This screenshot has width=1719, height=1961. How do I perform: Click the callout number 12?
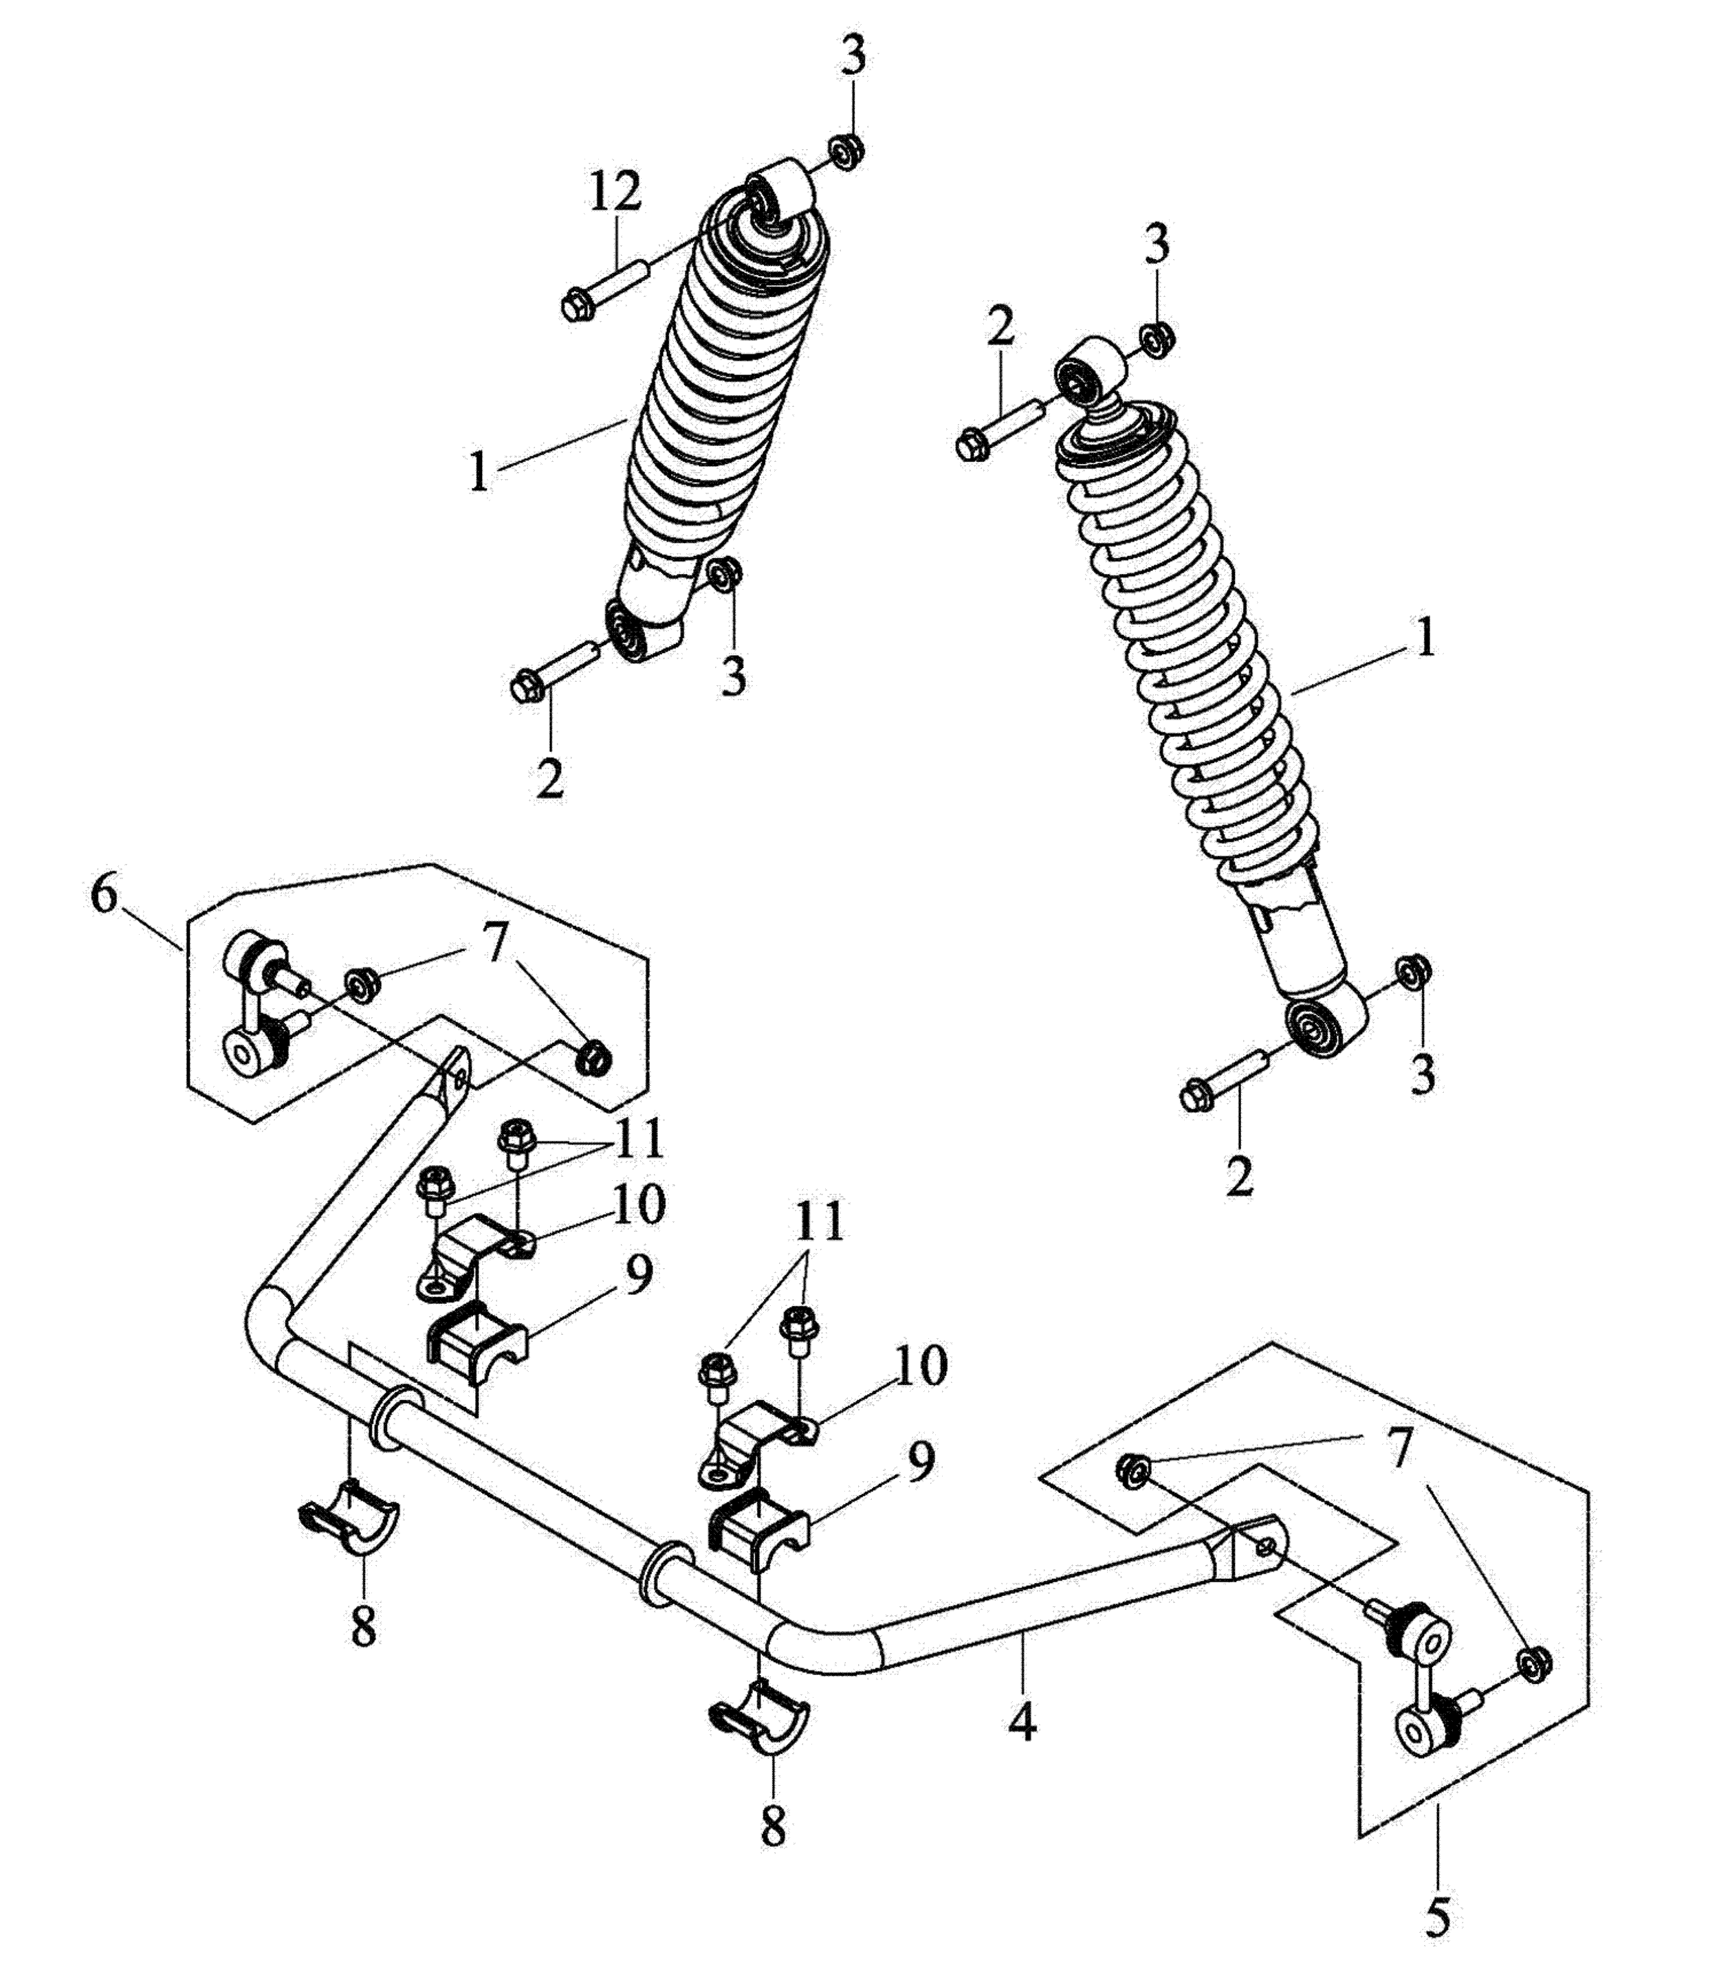pyautogui.click(x=615, y=192)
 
